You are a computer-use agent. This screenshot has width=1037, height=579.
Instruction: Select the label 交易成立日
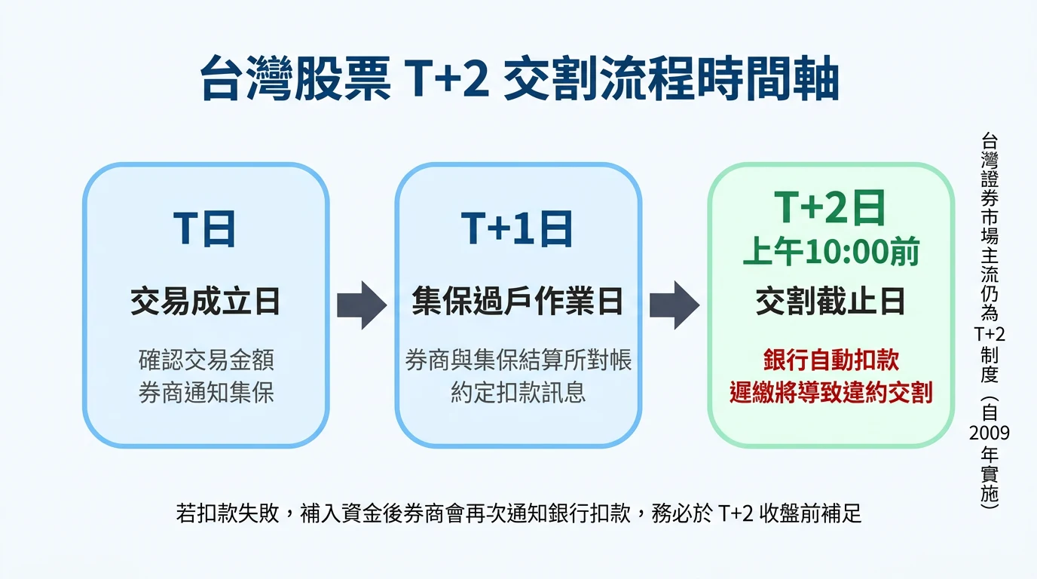205,302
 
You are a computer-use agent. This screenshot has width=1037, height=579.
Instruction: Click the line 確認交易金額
205,360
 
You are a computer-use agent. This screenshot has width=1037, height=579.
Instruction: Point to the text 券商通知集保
205,393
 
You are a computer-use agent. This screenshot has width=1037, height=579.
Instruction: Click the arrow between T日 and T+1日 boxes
361,305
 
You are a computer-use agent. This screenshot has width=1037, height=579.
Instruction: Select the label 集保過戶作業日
518,302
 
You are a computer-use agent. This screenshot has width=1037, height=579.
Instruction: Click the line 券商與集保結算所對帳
518,360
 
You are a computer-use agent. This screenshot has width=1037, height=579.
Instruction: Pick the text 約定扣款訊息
518,393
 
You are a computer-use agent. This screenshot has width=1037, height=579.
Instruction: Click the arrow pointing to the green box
674,305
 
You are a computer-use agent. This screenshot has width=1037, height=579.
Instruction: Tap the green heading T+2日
830,207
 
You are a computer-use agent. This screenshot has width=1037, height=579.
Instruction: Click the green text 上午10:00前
830,253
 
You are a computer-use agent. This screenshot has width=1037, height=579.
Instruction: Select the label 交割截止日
830,302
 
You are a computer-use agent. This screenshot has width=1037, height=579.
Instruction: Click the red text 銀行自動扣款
830,360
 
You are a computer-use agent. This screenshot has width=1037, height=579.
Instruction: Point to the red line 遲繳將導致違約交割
830,393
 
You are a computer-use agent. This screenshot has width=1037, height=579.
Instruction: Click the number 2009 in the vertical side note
989,433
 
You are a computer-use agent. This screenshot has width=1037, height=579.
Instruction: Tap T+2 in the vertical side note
989,334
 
